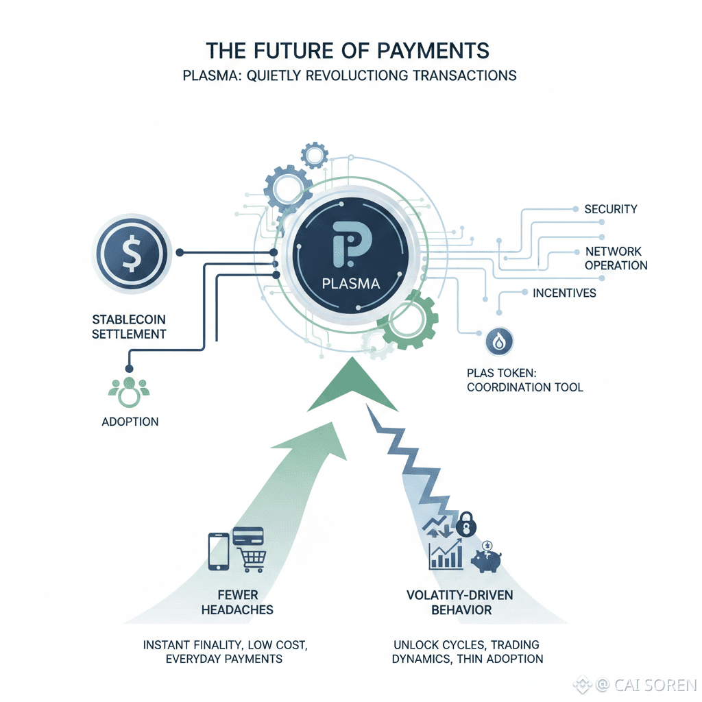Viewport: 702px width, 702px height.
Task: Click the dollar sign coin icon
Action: (130, 254)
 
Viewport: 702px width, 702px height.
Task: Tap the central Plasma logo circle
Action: (350, 255)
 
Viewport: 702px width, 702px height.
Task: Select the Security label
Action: (611, 209)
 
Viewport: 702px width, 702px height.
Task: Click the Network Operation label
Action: (616, 258)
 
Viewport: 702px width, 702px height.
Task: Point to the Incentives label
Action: (564, 293)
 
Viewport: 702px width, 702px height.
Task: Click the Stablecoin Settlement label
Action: (130, 327)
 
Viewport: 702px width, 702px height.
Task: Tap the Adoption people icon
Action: (130, 391)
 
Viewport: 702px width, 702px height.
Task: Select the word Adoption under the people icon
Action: (130, 422)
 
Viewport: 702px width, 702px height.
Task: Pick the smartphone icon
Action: (218, 550)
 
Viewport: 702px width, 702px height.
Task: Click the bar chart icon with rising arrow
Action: (446, 556)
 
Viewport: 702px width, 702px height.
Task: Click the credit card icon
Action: (249, 535)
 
